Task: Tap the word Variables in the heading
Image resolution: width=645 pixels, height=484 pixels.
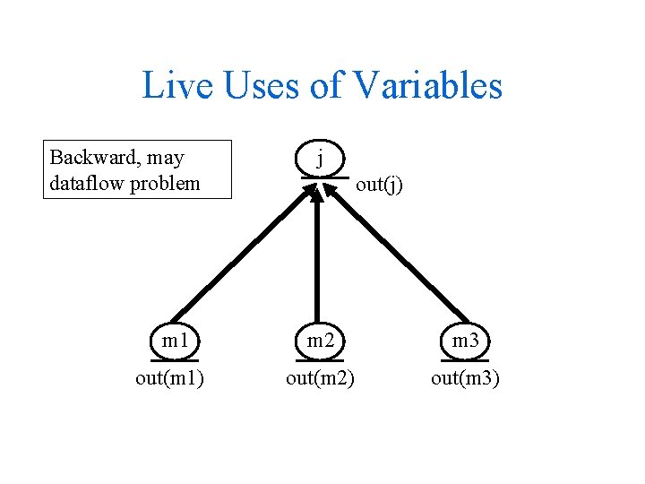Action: [x=427, y=86]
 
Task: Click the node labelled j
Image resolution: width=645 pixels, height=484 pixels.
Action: [x=320, y=160]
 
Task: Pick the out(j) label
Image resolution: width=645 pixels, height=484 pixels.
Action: [x=379, y=186]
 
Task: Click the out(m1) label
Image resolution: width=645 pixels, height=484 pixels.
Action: [x=169, y=378]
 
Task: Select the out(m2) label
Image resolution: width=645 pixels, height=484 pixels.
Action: [x=320, y=378]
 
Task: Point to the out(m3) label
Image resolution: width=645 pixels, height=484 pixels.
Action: [x=465, y=378]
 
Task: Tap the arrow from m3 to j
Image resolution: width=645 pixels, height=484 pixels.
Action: [x=394, y=255]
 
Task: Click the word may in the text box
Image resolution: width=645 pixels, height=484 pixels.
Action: [x=166, y=158]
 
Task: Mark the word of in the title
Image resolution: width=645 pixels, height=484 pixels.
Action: [x=327, y=86]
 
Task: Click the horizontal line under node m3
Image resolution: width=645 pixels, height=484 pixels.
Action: [x=465, y=360]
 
